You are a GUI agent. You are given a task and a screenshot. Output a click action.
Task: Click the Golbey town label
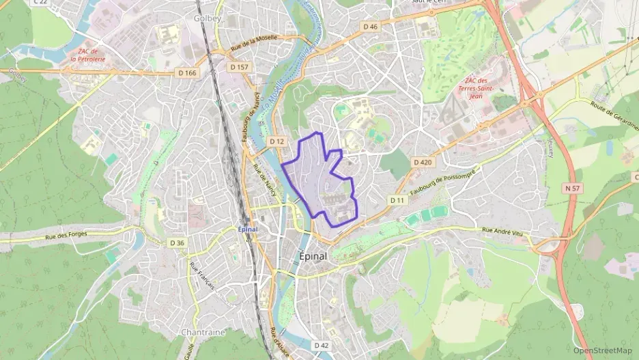pos(208,18)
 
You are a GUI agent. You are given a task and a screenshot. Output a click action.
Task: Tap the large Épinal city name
pos(313,256)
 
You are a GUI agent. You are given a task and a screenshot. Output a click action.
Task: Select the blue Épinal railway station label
pos(248,229)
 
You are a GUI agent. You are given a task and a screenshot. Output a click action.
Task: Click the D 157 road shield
pos(239,67)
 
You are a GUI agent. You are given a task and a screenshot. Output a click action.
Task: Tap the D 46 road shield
pos(370,27)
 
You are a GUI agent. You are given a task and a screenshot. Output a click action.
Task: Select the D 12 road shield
pos(276,141)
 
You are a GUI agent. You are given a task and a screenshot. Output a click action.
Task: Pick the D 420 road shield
pos(423,162)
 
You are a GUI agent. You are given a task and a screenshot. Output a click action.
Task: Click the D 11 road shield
pos(397,200)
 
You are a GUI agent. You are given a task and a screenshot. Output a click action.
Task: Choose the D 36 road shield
pos(177,243)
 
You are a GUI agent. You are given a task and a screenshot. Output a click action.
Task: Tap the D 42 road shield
pos(322,346)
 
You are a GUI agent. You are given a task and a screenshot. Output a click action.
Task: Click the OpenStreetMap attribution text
pos(603,350)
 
